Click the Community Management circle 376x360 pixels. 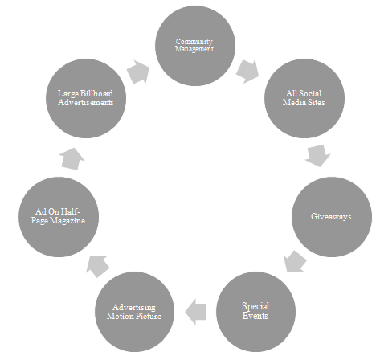point(195,46)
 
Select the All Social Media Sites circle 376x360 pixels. point(304,98)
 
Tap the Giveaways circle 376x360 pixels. point(332,217)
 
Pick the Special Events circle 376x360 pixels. point(255,312)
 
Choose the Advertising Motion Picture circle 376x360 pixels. point(134,312)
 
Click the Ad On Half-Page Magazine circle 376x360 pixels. point(59,217)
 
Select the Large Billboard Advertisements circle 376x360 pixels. point(86,98)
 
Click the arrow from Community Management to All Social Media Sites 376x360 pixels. point(247,72)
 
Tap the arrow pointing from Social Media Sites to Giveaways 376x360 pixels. point(318,155)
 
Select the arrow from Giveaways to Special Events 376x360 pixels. point(295,262)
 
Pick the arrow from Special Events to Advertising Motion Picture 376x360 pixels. point(196,312)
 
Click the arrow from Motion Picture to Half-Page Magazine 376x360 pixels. point(98,266)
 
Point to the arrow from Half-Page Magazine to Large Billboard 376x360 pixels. point(72,159)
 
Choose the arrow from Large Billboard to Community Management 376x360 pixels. point(138,72)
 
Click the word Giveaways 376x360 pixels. point(331,216)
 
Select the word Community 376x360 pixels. point(194,42)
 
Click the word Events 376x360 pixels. point(255,316)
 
